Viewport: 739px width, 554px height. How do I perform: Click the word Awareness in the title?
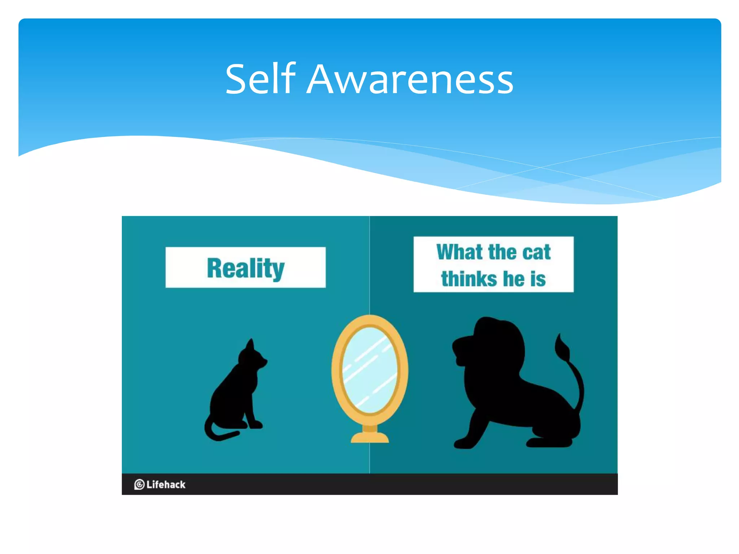point(410,79)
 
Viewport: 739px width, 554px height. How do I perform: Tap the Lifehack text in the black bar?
point(166,484)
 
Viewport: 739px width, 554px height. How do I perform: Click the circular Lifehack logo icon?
point(139,484)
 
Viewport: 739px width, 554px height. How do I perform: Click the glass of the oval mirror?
point(369,369)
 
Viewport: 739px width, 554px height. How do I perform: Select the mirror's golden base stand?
point(370,436)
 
